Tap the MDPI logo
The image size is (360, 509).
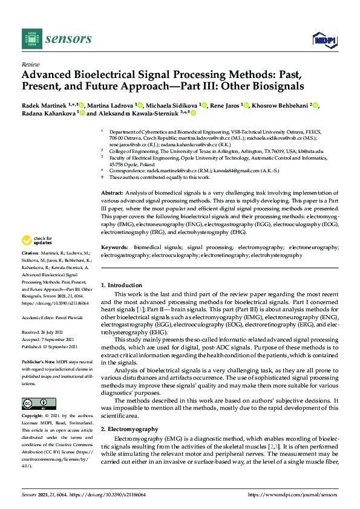324,40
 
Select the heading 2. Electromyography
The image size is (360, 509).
129,429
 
